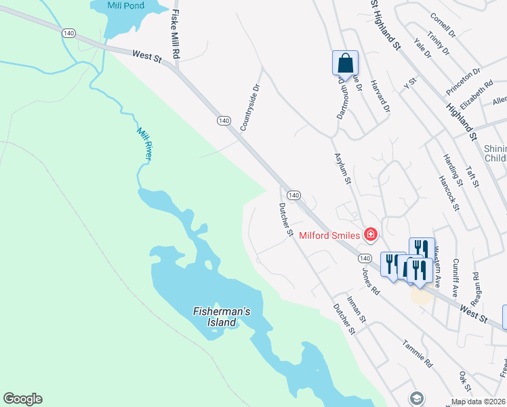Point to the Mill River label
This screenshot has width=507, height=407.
tap(144, 144)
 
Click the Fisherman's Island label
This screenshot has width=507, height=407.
tap(222, 317)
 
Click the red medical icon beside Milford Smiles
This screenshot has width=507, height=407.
tap(370, 235)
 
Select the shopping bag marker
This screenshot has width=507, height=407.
tap(345, 63)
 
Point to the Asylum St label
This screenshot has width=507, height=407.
tap(342, 168)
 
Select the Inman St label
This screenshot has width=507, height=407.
tap(357, 309)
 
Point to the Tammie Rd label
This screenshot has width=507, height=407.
tap(417, 353)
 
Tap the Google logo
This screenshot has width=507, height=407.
tap(22, 399)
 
